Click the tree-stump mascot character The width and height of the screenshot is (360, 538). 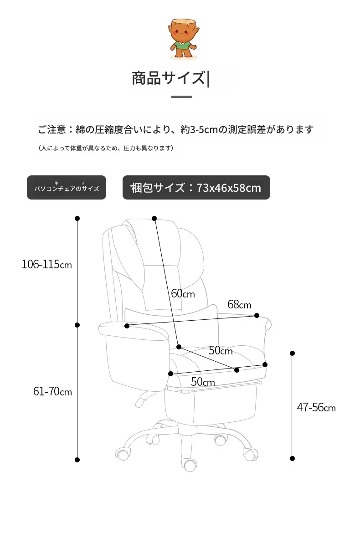click(183, 39)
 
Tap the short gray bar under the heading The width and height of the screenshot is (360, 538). click(181, 97)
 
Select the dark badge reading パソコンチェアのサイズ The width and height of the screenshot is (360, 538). click(67, 187)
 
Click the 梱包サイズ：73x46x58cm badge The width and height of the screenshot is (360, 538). click(196, 187)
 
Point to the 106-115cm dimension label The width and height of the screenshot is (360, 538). click(46, 264)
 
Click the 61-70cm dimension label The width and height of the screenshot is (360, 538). click(52, 391)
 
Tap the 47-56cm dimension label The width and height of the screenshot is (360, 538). click(316, 407)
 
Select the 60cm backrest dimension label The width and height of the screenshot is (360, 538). click(183, 293)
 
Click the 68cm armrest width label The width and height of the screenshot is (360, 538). click(239, 304)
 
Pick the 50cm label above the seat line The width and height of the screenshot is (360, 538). click(221, 350)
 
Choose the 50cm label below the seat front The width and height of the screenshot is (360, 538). click(203, 382)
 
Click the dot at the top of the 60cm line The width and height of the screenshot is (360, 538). click(154, 219)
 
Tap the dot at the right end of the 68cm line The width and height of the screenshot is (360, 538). click(257, 315)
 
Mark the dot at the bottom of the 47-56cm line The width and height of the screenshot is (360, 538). click(293, 458)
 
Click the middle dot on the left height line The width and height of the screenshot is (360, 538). click(77, 325)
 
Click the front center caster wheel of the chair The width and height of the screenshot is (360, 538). click(190, 465)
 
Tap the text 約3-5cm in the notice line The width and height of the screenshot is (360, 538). click(199, 129)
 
